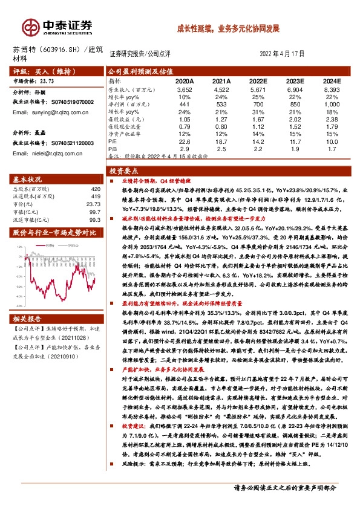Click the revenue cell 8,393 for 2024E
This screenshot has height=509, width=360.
coord(331,89)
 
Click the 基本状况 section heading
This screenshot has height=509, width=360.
coord(28,180)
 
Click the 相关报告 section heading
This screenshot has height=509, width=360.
coord(28,319)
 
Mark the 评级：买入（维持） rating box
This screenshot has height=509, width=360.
coord(41,70)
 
